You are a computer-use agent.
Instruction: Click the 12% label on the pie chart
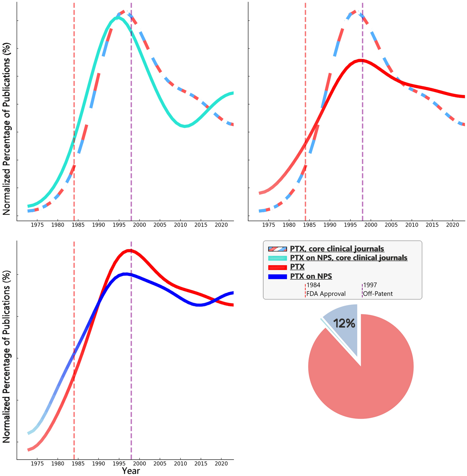[344, 324]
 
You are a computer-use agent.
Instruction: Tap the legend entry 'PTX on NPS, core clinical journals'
[348, 258]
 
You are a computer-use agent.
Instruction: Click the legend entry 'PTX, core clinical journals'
[337, 249]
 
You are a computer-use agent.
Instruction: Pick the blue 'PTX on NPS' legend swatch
[277, 276]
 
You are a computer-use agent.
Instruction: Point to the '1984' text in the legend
[313, 285]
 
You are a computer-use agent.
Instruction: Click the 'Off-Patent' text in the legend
[378, 293]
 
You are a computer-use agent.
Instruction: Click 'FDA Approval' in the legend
[326, 293]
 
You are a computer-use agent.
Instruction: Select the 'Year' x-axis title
[131, 471]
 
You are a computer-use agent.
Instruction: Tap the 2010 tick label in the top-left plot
[180, 224]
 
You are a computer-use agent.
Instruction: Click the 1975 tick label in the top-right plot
[269, 224]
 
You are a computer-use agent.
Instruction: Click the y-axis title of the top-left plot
[7, 129]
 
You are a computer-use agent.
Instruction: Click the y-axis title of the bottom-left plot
[7, 357]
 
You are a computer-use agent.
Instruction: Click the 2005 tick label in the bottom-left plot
[160, 464]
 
